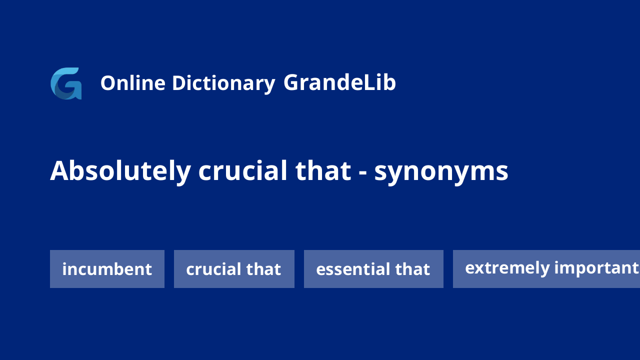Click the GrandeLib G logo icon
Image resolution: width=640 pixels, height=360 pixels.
click(x=66, y=83)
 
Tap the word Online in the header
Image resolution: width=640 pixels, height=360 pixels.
click(x=133, y=83)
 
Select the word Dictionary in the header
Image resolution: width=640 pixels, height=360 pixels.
click(x=223, y=84)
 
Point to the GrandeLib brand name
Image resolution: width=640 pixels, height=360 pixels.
click(x=339, y=82)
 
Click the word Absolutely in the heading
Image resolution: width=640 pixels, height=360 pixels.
click(x=120, y=171)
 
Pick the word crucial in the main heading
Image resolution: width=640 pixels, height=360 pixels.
click(x=242, y=171)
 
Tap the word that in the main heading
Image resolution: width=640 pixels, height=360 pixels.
click(x=323, y=171)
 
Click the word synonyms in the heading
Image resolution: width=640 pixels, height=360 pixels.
click(x=441, y=173)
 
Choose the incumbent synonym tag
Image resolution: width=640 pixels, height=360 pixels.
click(x=107, y=269)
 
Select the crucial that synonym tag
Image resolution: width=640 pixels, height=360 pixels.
click(x=234, y=269)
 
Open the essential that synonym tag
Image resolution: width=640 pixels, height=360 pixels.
click(x=373, y=269)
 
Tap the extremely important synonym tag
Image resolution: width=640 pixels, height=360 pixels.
click(x=546, y=269)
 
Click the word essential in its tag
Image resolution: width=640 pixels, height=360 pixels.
click(x=351, y=269)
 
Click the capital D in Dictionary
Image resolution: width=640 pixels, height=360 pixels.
click(x=179, y=83)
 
